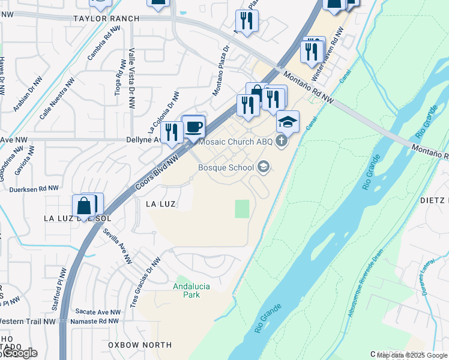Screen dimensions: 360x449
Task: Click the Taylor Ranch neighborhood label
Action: coord(106,19)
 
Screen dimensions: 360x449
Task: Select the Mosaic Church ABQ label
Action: coord(235,142)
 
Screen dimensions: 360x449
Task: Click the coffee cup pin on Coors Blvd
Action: coord(193,127)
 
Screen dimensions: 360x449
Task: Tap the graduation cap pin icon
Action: coord(288,122)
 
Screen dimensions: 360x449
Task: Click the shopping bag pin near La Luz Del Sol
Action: coord(85,205)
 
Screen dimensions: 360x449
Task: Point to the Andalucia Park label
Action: coord(191,290)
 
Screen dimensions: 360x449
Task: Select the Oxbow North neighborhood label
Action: coord(140,345)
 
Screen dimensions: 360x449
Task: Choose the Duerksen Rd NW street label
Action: coord(34,188)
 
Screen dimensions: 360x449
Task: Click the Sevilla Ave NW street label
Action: coord(118,246)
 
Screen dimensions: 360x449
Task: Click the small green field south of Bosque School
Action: coord(242,209)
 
